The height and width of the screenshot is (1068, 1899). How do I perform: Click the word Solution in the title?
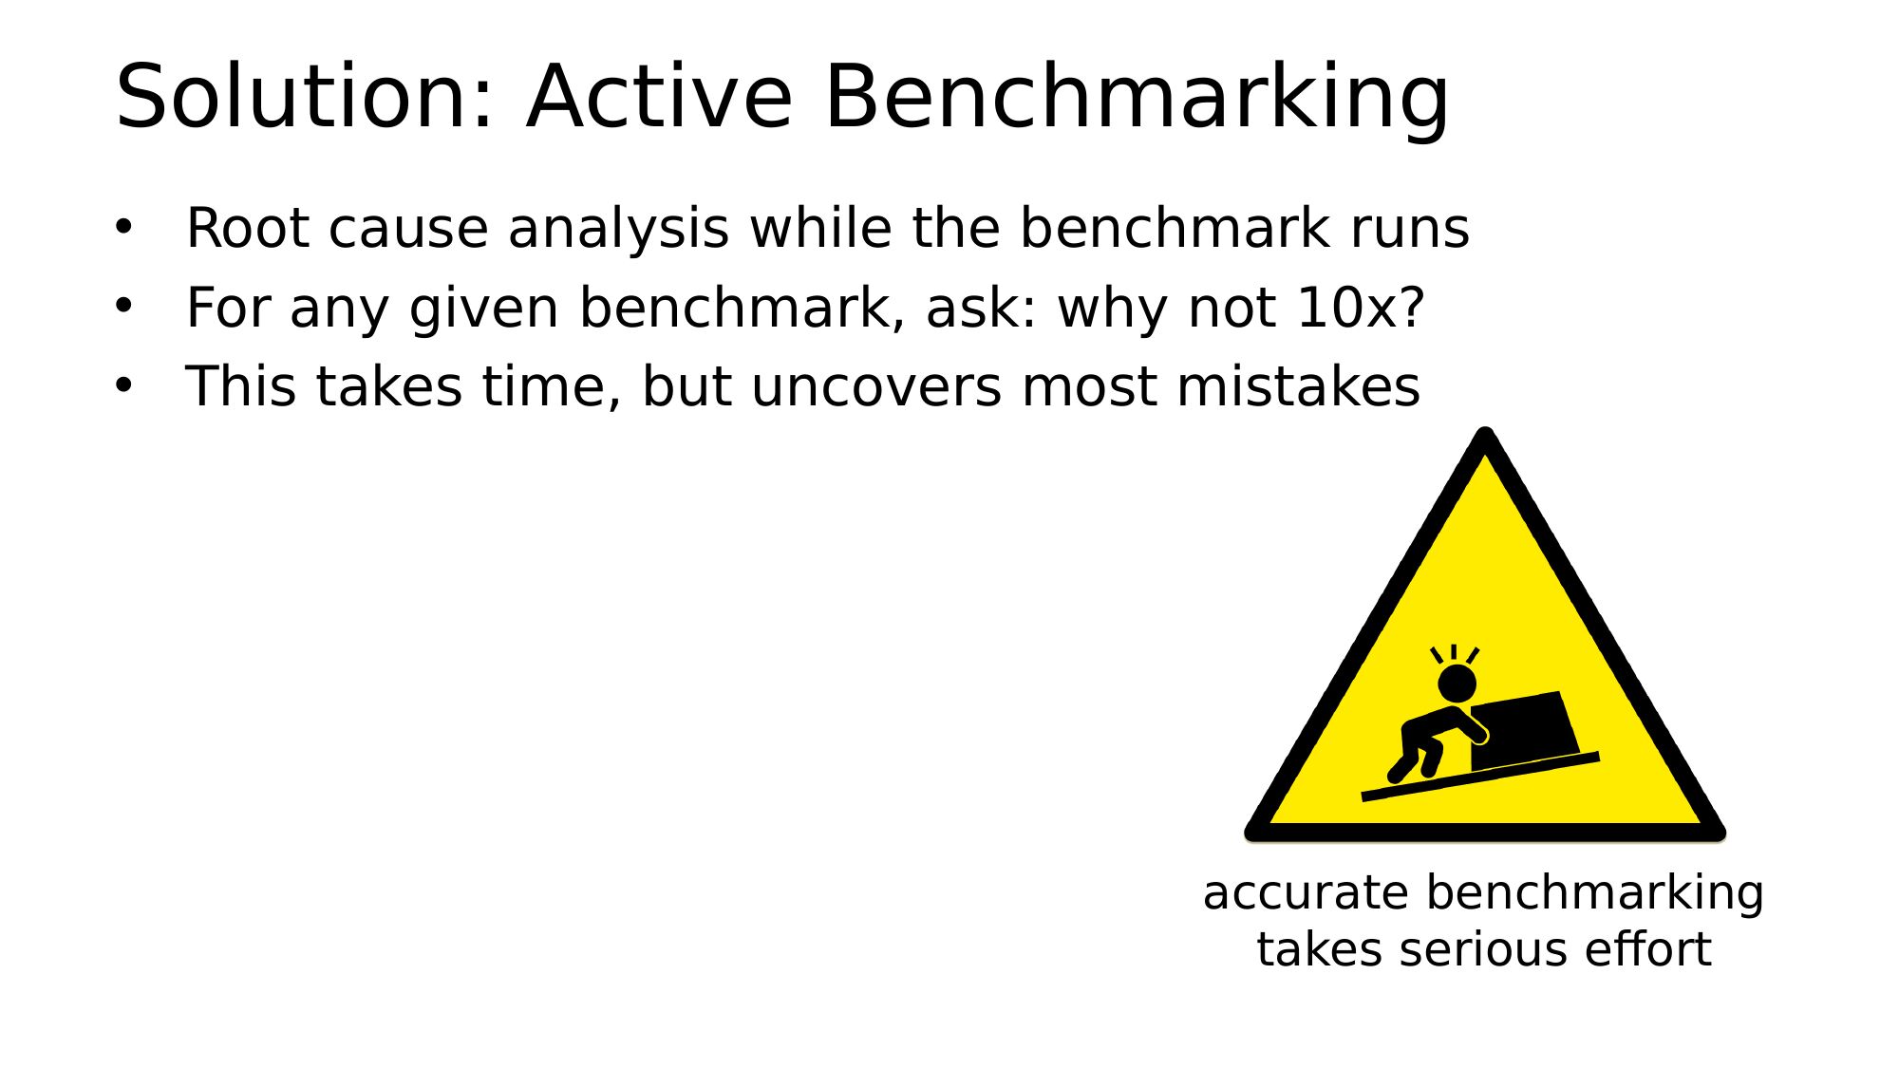click(x=304, y=96)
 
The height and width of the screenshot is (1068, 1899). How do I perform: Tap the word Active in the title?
click(x=660, y=96)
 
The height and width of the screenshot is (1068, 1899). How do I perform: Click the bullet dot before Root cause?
click(x=123, y=227)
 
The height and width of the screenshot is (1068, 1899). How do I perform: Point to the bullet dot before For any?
click(x=123, y=306)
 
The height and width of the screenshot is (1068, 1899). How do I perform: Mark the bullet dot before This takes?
click(x=123, y=384)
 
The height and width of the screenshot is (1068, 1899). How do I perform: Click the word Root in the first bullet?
click(x=248, y=228)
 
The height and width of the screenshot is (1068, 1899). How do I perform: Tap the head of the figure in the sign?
click(x=1457, y=684)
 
